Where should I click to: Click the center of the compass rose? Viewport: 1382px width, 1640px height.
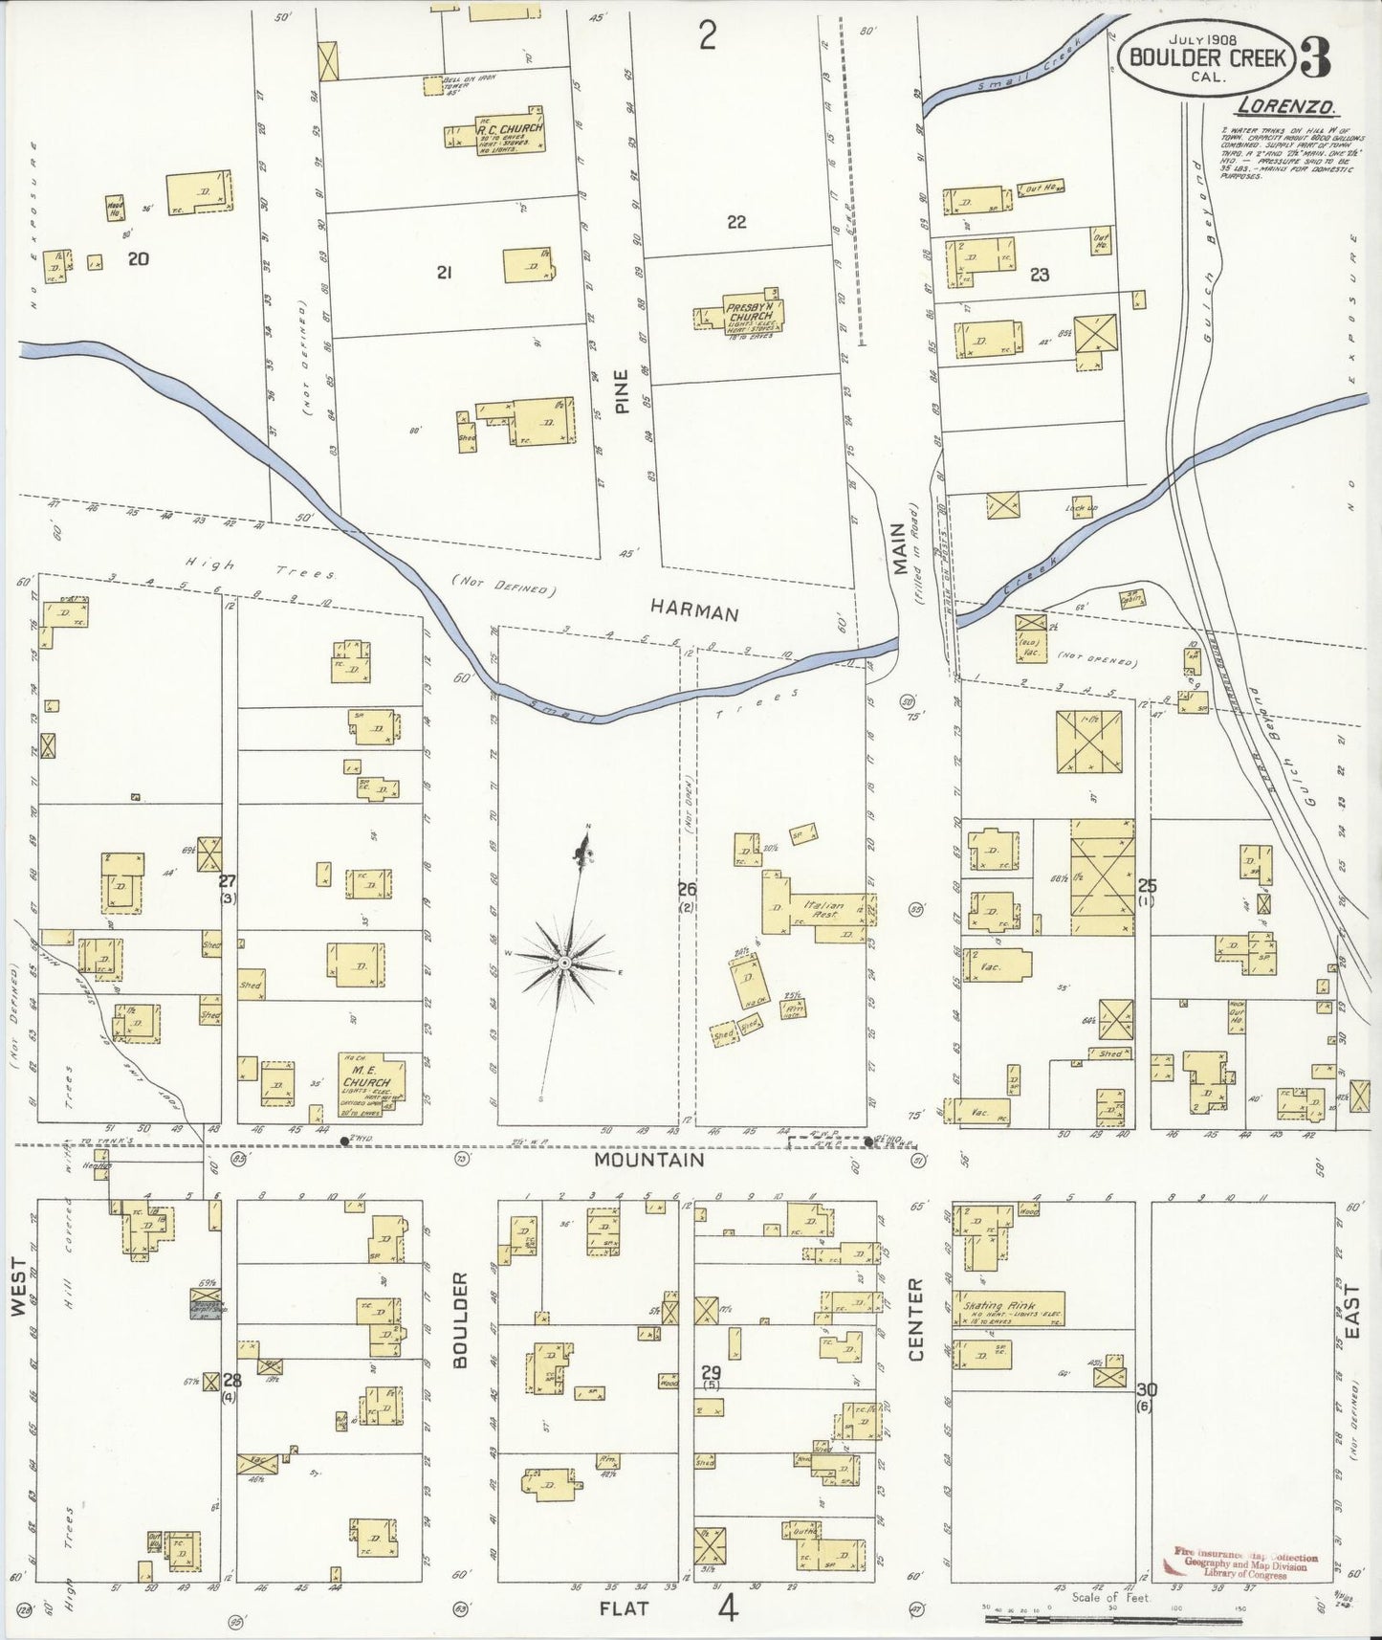[565, 961]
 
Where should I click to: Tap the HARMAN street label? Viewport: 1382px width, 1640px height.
[694, 609]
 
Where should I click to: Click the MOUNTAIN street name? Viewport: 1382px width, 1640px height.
[648, 1160]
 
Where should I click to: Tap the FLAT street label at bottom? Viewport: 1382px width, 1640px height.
[624, 1607]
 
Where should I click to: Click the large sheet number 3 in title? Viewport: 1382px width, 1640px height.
[1317, 60]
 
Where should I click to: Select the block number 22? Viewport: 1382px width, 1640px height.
[735, 222]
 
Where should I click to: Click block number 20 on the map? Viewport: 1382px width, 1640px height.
[139, 257]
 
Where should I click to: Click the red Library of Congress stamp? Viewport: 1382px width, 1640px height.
[1240, 1563]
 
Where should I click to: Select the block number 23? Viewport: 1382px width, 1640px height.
[1040, 275]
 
